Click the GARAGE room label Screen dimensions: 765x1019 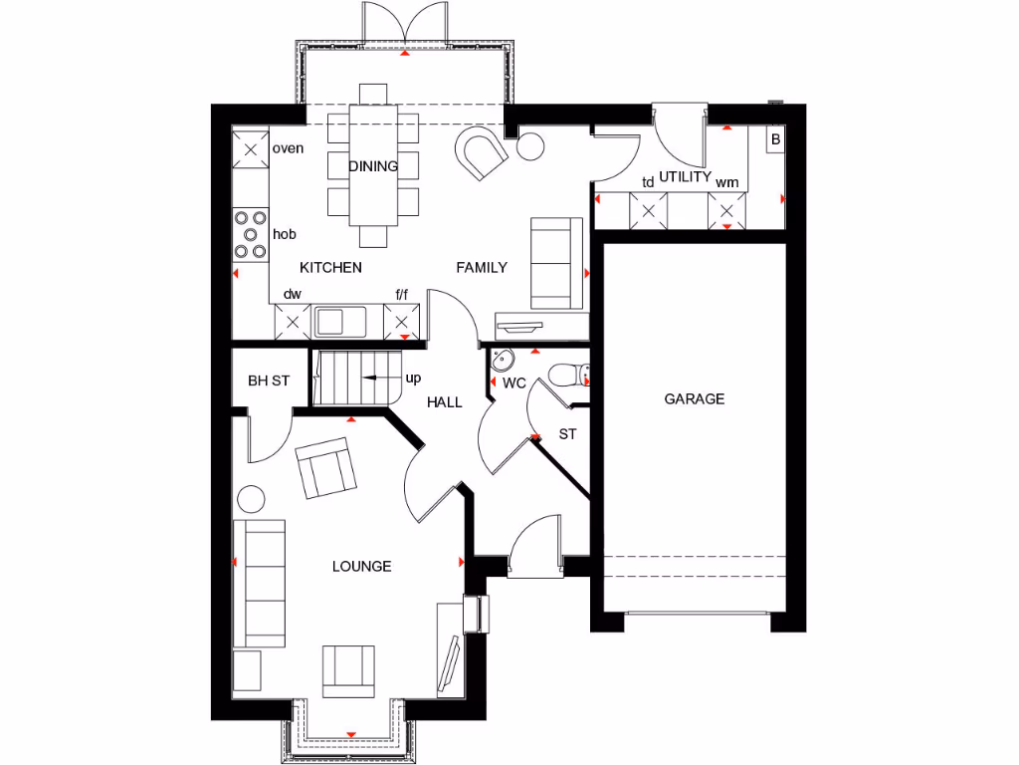[695, 398]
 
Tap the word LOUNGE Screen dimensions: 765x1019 [361, 566]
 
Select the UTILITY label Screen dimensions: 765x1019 [686, 176]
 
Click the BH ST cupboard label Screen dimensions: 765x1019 [269, 380]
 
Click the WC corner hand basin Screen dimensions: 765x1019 [503, 361]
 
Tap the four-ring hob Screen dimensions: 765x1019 [250, 234]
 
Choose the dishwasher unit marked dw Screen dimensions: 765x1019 [292, 322]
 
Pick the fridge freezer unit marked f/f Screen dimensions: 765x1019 [402, 322]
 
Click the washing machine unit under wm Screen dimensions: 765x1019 [726, 210]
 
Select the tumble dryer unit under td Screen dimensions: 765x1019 [649, 210]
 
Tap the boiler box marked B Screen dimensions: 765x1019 [775, 140]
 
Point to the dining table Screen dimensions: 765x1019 [374, 164]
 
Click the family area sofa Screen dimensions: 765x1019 [556, 262]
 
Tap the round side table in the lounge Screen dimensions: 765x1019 [250, 497]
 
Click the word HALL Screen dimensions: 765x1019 [445, 402]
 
